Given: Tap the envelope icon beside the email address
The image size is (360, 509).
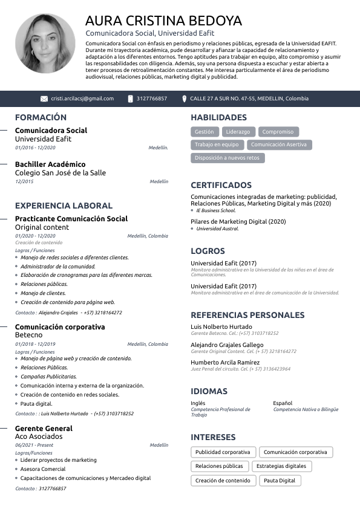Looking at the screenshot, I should pos(44,99).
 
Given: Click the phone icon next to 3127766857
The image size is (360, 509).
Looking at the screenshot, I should pos(130,99).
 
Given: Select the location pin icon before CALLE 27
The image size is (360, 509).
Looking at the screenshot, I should pos(185,99).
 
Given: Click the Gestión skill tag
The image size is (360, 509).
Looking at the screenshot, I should pos(205,132).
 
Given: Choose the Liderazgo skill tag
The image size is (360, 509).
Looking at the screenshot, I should pos(238,132).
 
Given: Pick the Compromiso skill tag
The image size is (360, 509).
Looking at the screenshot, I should pos(278,132).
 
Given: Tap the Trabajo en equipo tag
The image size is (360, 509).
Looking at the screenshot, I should pos(217,145).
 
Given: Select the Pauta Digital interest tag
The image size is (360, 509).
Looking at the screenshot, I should pos(280,481).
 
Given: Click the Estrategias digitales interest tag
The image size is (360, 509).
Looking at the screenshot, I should pos(281,467).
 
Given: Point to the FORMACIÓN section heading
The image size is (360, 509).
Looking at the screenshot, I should pos(41,117).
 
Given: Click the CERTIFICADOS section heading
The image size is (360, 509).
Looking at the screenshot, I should pos(221,185).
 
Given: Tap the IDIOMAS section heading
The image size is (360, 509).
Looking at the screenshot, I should pos(209,391).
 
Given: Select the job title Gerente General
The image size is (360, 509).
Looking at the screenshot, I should pos(44,428).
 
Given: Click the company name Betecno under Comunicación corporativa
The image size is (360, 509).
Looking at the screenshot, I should pos(28,335).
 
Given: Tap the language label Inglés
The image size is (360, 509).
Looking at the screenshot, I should pos(198,403).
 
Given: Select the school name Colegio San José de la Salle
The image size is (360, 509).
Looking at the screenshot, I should pos(60,173).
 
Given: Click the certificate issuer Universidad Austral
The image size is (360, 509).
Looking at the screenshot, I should pos(218,229).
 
